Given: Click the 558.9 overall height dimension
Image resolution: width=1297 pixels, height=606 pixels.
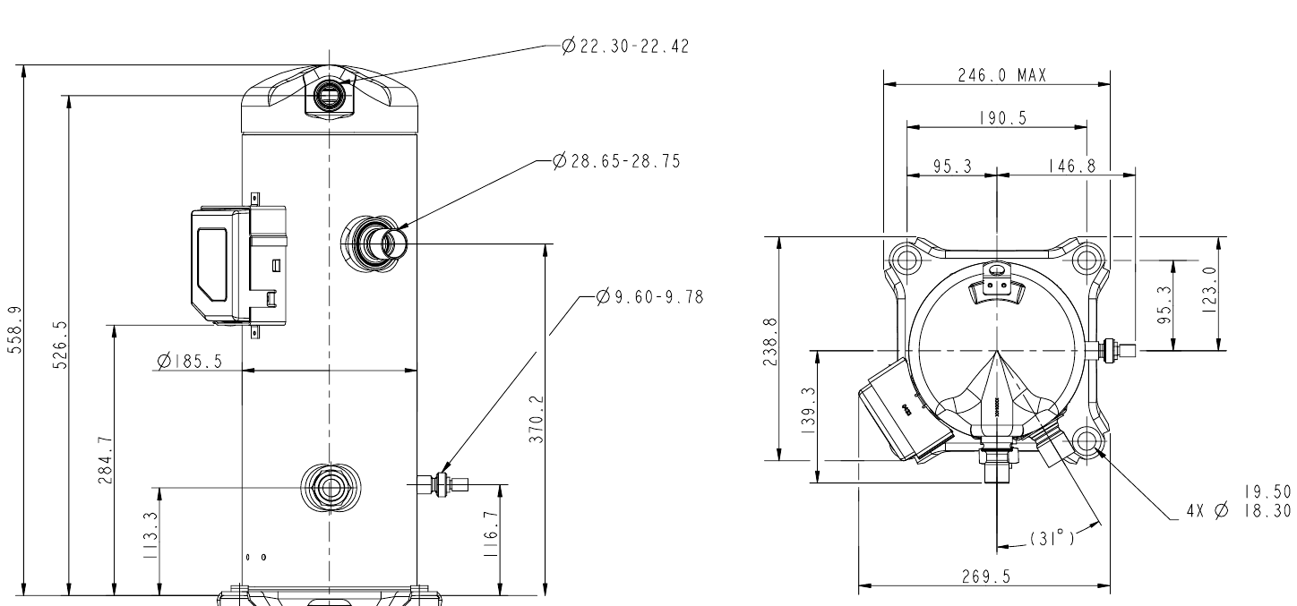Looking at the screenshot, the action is coord(15,330).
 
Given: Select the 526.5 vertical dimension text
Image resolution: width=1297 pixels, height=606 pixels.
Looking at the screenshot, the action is coord(60,345).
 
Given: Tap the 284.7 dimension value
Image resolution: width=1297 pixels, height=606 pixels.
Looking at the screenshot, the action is coord(106,460).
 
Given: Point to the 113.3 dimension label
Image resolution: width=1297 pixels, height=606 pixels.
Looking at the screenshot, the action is coord(150,535).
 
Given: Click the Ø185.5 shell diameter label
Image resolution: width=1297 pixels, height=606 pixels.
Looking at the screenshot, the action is coord(190,361).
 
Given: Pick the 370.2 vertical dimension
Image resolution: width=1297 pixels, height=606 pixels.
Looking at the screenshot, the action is coord(537,420).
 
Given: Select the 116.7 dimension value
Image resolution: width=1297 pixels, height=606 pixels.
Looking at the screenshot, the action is coord(491,534).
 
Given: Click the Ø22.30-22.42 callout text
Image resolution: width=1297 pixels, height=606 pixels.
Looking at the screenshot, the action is coord(626,46).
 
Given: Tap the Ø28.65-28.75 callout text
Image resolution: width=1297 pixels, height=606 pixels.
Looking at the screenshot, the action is coord(616,161).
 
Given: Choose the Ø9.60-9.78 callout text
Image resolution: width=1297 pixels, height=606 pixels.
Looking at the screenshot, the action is coord(650,297).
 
